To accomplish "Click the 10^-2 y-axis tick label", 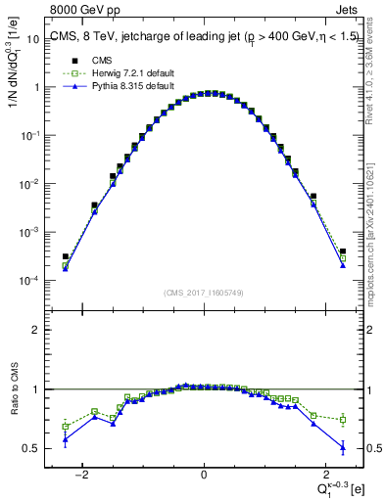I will point(31,184).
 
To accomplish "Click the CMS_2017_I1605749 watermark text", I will point(204,293).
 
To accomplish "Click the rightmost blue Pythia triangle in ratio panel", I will point(343,447).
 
